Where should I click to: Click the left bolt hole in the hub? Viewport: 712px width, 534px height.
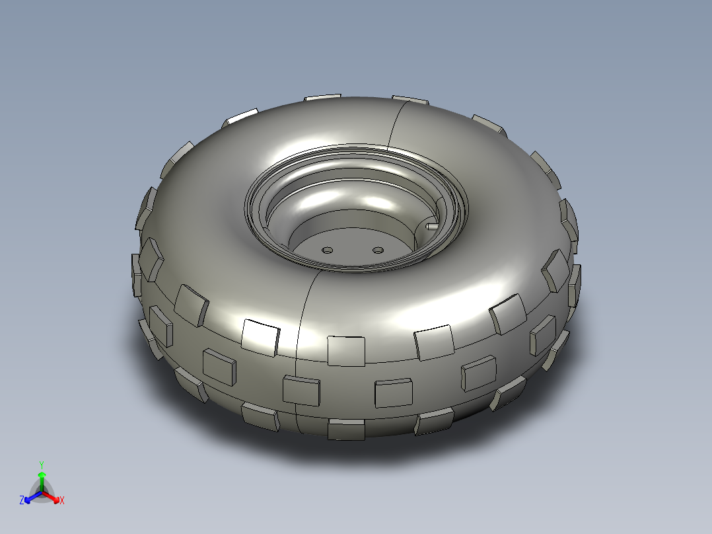pos(327,250)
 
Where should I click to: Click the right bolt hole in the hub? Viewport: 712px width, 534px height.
pos(378,250)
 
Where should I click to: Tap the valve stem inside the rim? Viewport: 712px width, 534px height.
pos(432,225)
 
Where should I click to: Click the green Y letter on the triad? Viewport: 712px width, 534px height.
pos(41,464)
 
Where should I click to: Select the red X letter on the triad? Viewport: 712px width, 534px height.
pos(62,501)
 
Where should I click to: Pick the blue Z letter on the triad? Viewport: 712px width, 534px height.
pos(22,501)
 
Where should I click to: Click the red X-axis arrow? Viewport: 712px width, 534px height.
pos(52,498)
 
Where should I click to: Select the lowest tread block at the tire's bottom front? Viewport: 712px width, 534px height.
pos(346,430)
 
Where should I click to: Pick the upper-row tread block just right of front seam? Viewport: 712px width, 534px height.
pos(346,350)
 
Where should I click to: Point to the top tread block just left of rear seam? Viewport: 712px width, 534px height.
pos(323,98)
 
